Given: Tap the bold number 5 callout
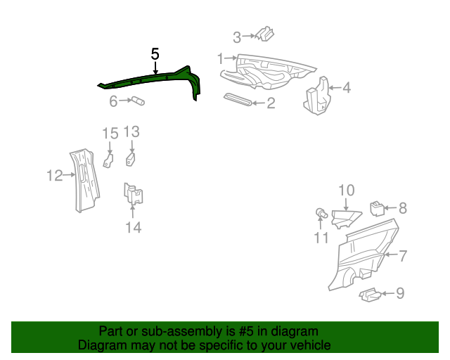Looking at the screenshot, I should tap(155, 54).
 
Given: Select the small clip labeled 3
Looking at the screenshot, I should tap(264, 34).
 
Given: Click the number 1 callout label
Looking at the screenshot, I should tap(220, 58).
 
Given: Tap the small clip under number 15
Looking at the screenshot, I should tap(108, 161).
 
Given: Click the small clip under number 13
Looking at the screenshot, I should tap(131, 160).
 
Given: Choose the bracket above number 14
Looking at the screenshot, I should tap(134, 194).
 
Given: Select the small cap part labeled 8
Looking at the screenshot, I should tap(377, 207).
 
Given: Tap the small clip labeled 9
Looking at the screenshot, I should tap(370, 296).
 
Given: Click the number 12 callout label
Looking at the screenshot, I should tap(55, 176).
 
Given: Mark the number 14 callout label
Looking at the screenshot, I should tap(133, 227).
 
